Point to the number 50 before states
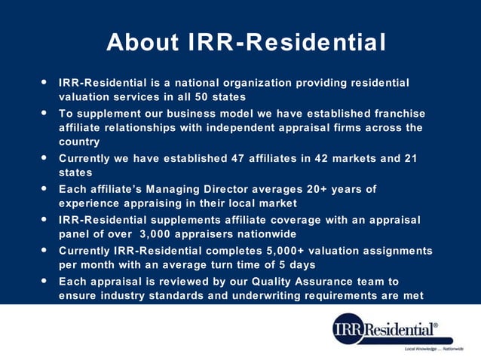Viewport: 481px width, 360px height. click(x=198, y=97)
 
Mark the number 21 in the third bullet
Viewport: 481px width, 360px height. click(x=409, y=158)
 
